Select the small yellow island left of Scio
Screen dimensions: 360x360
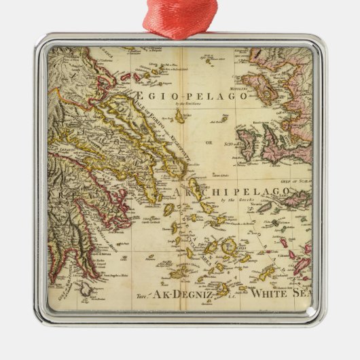(224, 118)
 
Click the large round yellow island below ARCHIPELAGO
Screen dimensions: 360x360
(230, 247)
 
